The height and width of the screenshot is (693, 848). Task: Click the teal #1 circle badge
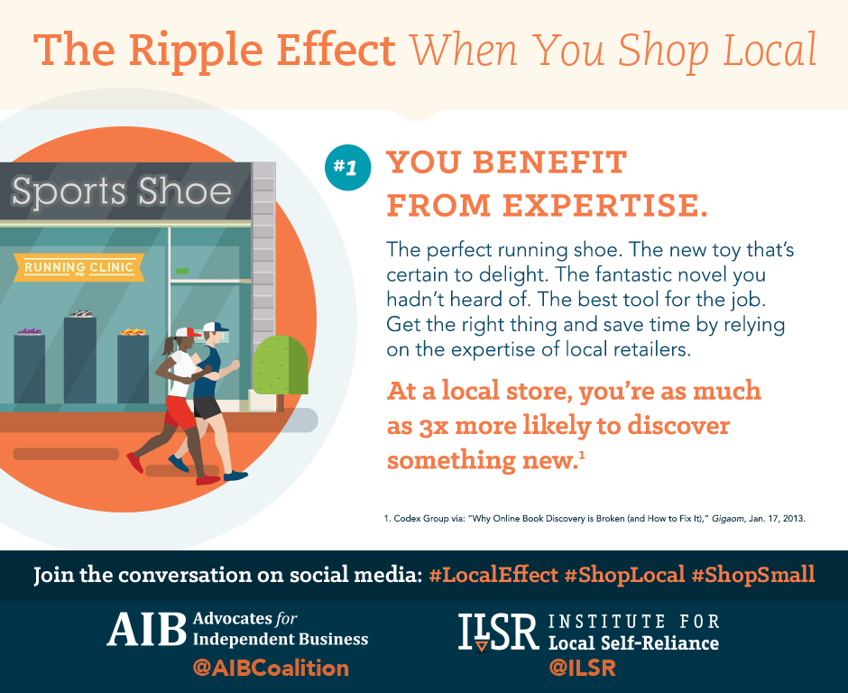tap(347, 168)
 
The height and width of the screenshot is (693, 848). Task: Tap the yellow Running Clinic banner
tap(79, 267)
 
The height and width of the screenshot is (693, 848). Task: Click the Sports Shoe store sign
tap(122, 191)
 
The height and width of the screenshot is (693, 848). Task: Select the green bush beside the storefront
tap(281, 365)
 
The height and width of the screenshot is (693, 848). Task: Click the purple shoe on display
tap(29, 331)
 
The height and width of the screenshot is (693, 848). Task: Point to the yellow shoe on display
tap(133, 331)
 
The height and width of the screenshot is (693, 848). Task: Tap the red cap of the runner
tap(187, 332)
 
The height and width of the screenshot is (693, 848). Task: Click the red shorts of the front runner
tap(180, 412)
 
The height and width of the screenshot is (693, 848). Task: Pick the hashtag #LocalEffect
tap(493, 575)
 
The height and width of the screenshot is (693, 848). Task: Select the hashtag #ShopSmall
tap(752, 575)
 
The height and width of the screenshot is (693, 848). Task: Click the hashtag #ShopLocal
tap(624, 575)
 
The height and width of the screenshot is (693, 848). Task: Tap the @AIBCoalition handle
tap(271, 668)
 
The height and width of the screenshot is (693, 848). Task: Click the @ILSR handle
tap(583, 668)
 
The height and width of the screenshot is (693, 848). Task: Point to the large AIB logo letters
tap(146, 629)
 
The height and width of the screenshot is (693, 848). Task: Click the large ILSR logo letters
tap(498, 632)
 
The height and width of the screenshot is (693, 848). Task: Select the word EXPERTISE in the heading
tap(604, 206)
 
